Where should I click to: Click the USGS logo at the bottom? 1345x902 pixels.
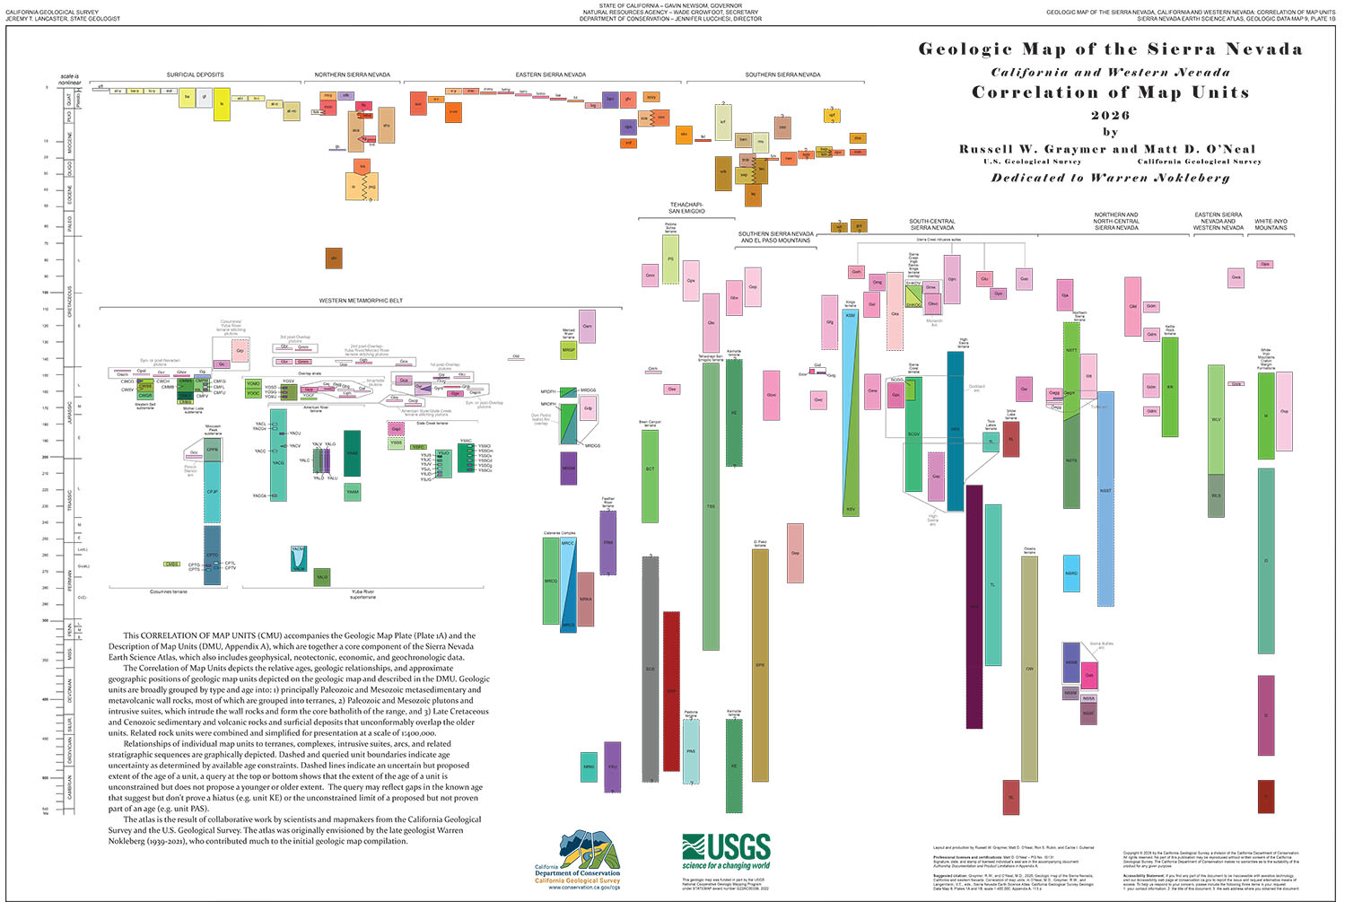pyautogui.click(x=726, y=850)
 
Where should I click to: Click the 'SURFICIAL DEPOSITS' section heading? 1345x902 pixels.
pyautogui.click(x=195, y=74)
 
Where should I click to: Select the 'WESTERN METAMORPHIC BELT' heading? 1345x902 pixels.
pyautogui.click(x=361, y=301)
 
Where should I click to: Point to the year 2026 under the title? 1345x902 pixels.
pyautogui.click(x=1110, y=115)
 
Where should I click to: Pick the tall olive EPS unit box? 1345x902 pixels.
pyautogui.click(x=760, y=664)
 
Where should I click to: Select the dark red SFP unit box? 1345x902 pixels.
pyautogui.click(x=670, y=691)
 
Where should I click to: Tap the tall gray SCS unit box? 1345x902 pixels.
pyautogui.click(x=650, y=669)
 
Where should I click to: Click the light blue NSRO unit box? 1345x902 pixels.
pyautogui.click(x=1071, y=574)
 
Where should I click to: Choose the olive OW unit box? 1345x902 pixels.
pyautogui.click(x=1029, y=669)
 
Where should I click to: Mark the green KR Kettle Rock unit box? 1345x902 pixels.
pyautogui.click(x=1170, y=387)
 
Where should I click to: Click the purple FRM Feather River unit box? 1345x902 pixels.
pyautogui.click(x=607, y=542)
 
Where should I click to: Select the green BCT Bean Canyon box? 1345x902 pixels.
pyautogui.click(x=650, y=476)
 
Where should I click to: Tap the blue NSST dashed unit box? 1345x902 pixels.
pyautogui.click(x=1105, y=490)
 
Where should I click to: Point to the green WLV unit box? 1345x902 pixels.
pyautogui.click(x=1216, y=419)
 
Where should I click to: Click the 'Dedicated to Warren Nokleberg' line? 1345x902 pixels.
pyautogui.click(x=1110, y=178)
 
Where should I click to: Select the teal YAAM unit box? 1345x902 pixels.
pyautogui.click(x=353, y=492)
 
